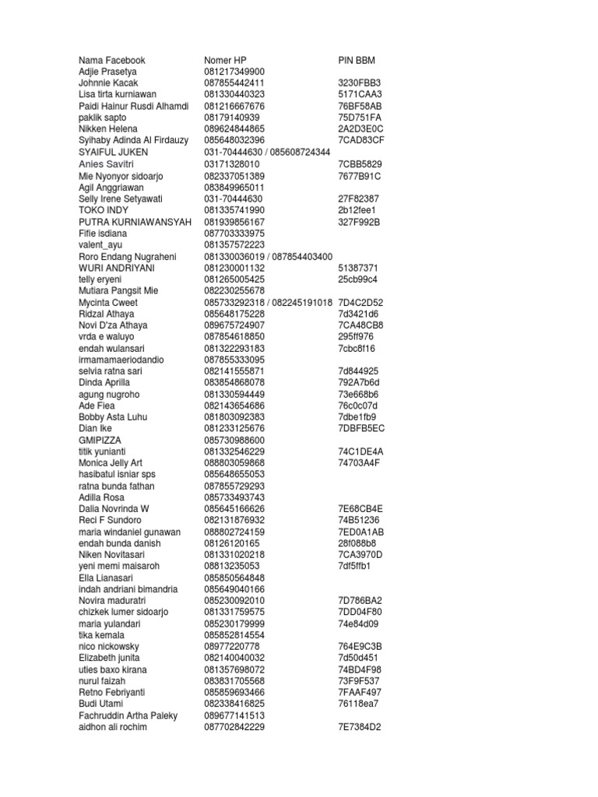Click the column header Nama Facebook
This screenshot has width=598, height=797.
[112, 60]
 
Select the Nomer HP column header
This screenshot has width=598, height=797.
[225, 60]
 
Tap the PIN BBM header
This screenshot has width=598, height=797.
[357, 60]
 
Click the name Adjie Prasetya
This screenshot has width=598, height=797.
[108, 72]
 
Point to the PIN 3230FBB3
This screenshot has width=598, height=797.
[360, 83]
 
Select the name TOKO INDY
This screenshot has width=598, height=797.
[104, 210]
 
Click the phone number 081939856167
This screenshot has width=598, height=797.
[234, 222]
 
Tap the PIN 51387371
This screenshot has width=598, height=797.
[358, 268]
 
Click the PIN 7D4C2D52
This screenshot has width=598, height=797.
[361, 302]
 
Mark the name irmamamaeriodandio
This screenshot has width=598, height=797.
[122, 360]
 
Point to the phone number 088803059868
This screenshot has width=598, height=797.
[234, 462]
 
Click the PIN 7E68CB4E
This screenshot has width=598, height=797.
[361, 508]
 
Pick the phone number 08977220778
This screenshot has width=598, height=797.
[232, 646]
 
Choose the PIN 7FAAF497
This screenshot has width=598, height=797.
[360, 692]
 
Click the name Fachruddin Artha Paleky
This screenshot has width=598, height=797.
[128, 715]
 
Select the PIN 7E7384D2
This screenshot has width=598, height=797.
[361, 727]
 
